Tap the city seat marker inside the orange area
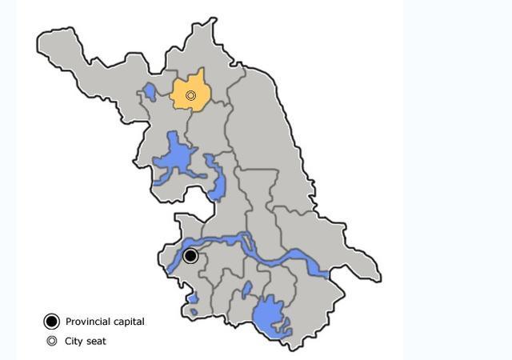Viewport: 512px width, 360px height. tap(190, 96)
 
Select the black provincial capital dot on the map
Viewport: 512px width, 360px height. tap(190, 256)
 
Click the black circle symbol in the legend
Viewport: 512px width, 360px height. tap(52, 322)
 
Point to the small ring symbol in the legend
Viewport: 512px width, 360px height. tap(52, 341)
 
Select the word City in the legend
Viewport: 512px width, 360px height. tap(74, 341)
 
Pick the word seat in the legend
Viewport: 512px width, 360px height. tap(96, 341)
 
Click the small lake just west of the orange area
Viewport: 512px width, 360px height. tap(150, 93)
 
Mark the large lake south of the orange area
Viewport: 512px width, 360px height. tap(174, 158)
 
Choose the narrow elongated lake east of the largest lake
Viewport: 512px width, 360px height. tap(216, 180)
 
